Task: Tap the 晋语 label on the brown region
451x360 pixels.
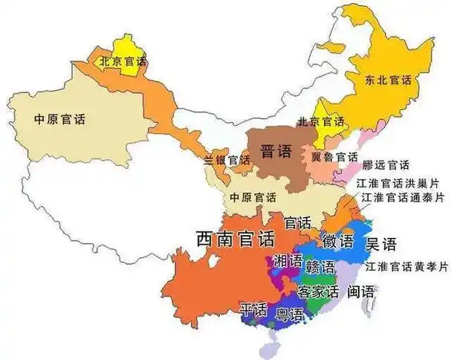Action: click(276, 152)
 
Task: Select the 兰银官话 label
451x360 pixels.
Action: click(227, 160)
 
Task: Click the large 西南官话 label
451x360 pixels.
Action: click(235, 239)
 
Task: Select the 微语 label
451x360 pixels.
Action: click(337, 240)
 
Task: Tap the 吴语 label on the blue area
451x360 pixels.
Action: click(381, 243)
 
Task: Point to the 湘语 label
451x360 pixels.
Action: click(288, 261)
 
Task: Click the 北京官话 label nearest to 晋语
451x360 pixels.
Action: click(321, 121)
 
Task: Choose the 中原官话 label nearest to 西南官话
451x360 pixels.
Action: click(253, 198)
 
